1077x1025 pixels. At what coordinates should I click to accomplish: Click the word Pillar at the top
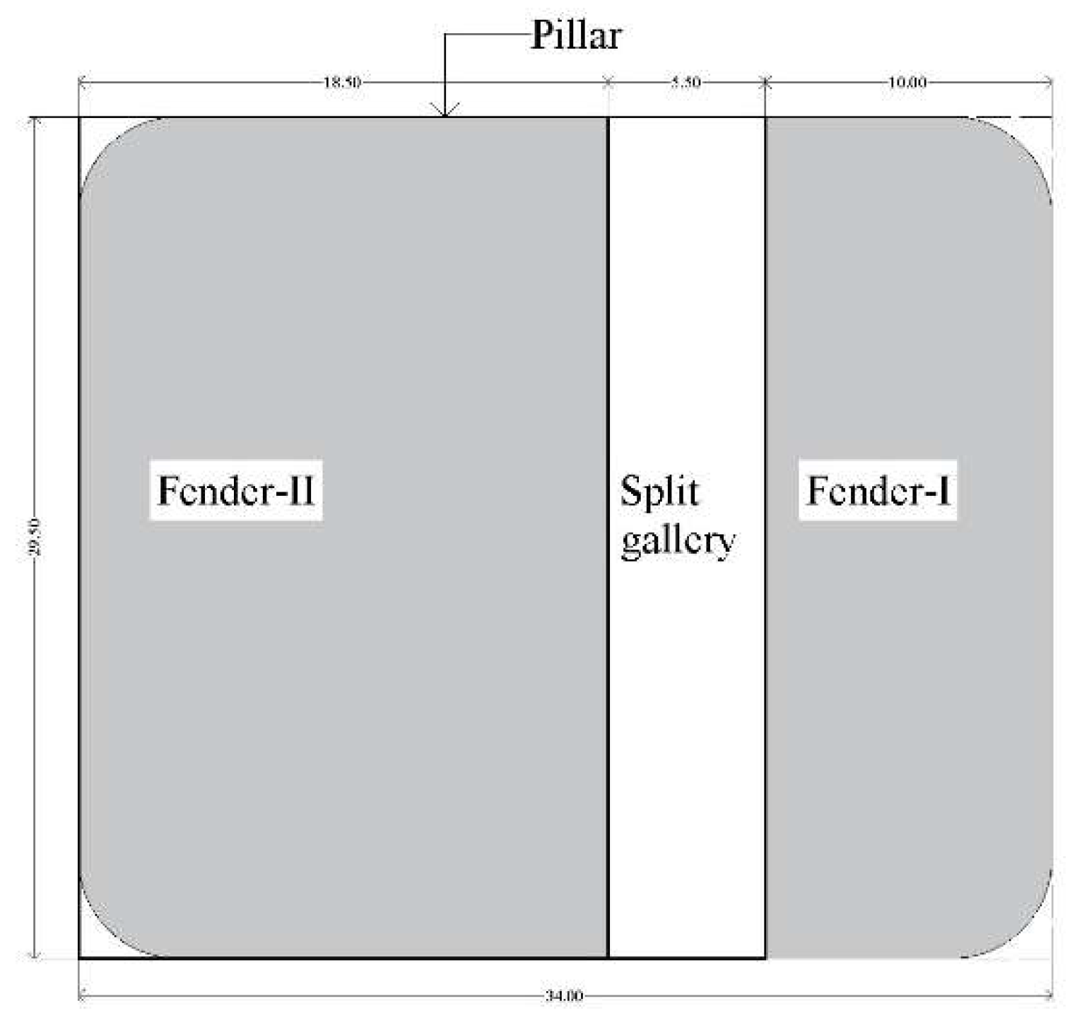(575, 35)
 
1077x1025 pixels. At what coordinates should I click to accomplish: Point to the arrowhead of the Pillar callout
(445, 113)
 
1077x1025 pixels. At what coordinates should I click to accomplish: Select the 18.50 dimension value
(342, 82)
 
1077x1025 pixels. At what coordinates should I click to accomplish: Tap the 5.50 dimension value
(685, 82)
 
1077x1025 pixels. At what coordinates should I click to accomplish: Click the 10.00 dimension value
(907, 82)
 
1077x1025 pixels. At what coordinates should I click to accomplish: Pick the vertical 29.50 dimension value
(35, 537)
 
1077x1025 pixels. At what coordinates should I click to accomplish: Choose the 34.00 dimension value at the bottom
(564, 996)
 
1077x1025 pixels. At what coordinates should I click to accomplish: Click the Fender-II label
(235, 491)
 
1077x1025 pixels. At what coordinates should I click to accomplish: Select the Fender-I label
(878, 491)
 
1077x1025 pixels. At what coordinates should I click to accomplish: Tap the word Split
(659, 492)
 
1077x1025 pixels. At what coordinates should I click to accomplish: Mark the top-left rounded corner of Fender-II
(106, 145)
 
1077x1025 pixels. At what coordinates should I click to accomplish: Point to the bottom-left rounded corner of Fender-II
(106, 931)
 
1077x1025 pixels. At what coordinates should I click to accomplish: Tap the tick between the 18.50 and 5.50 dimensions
(608, 82)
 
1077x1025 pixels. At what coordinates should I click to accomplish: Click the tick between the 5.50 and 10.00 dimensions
(765, 82)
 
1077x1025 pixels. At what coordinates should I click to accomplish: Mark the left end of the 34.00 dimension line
(79, 996)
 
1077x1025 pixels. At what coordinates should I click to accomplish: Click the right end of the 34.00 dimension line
(1052, 996)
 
